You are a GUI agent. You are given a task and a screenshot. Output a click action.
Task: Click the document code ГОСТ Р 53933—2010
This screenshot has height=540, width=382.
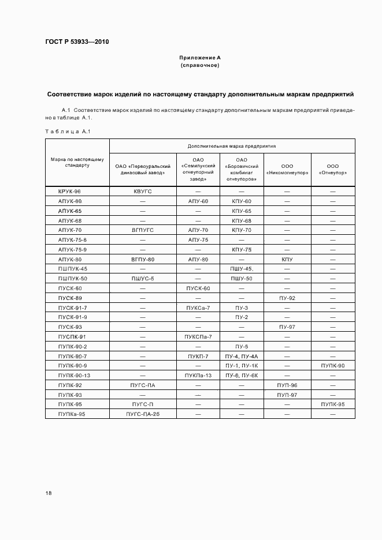pyautogui.click(x=77, y=42)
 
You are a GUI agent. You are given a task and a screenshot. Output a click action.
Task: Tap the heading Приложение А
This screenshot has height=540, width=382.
pyautogui.click(x=200, y=58)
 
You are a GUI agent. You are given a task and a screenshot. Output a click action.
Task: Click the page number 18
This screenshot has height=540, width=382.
pyautogui.click(x=49, y=493)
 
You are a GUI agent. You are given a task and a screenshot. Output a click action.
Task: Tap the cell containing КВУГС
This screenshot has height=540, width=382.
pyautogui.click(x=143, y=191)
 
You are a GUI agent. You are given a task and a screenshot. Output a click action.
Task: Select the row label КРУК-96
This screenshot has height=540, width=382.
pyautogui.click(x=69, y=191)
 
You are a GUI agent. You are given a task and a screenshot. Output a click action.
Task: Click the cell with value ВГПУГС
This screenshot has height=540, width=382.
pyautogui.click(x=143, y=230)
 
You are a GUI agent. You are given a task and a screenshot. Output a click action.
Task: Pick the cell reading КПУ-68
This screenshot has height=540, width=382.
pyautogui.click(x=242, y=220)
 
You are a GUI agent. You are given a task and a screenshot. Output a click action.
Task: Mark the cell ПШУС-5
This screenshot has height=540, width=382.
pyautogui.click(x=143, y=279)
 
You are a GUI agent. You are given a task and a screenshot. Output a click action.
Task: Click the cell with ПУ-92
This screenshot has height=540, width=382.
pyautogui.click(x=287, y=298)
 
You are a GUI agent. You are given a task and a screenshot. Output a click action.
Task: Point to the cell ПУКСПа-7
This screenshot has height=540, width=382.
pyautogui.click(x=198, y=336)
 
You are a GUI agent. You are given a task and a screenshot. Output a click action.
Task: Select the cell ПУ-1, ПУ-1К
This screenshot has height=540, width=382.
pyautogui.click(x=242, y=366)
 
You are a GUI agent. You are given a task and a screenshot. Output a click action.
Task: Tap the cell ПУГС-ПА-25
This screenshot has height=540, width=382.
pyautogui.click(x=143, y=414)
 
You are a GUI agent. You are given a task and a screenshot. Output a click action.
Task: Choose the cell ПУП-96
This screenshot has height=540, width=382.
pyautogui.click(x=287, y=385)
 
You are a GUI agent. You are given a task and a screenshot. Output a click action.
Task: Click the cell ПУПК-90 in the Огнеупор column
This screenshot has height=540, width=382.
pyautogui.click(x=333, y=366)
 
